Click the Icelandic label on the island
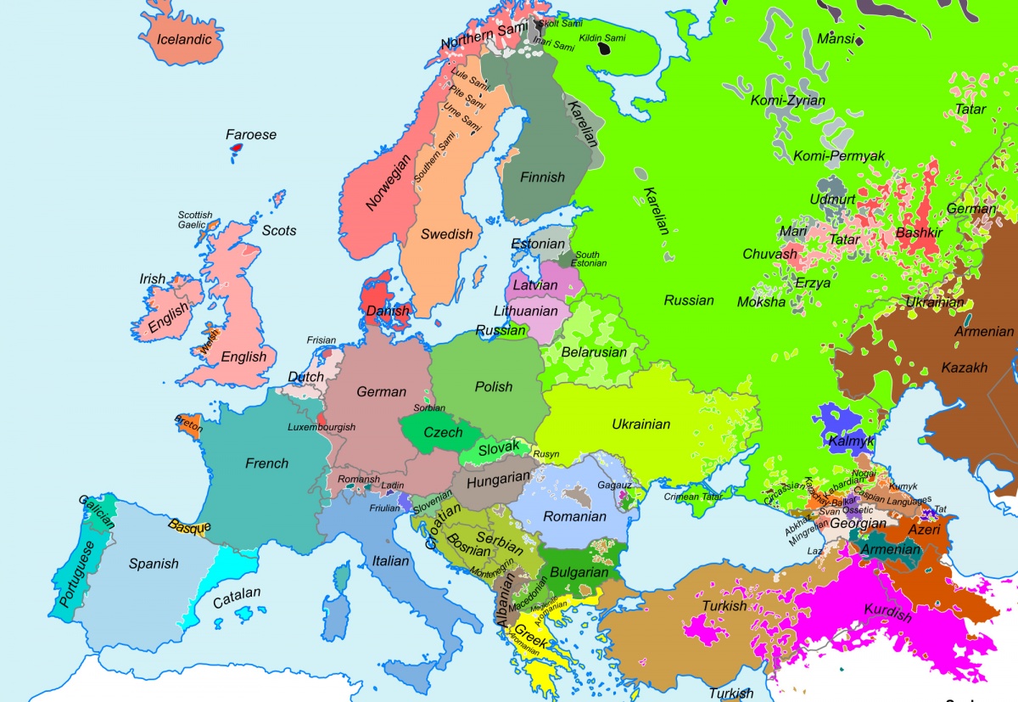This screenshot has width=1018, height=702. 184,39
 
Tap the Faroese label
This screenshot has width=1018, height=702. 251,134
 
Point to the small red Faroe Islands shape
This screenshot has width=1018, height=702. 237,151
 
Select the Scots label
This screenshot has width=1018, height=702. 279,230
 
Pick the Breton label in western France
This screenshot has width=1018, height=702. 188,422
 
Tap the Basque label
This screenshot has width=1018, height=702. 189,526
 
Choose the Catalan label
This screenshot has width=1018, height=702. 237,597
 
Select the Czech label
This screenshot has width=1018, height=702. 443,432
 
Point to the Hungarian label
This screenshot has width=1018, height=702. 498,479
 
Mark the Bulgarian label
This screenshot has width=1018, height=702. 579,572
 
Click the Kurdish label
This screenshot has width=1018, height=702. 887,612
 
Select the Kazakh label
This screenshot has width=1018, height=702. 965,368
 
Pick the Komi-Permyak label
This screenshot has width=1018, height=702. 839,155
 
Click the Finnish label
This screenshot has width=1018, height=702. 542,177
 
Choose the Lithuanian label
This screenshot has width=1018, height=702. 526,311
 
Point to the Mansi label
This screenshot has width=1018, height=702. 836,38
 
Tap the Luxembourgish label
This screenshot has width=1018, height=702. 322,427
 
